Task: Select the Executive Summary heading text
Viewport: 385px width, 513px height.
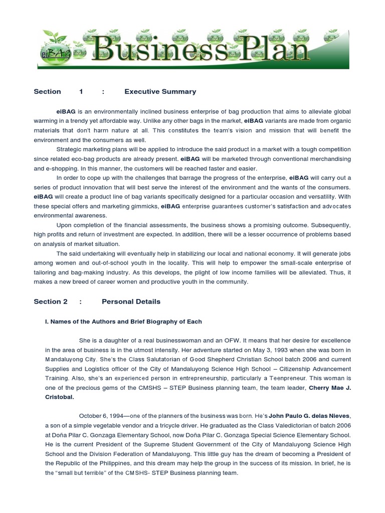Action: pyautogui.click(x=160, y=92)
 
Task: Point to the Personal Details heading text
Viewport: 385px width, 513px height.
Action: pyautogui.click(x=131, y=302)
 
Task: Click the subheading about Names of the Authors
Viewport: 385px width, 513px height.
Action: pyautogui.click(x=123, y=321)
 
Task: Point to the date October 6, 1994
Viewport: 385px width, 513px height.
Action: pyautogui.click(x=100, y=416)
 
